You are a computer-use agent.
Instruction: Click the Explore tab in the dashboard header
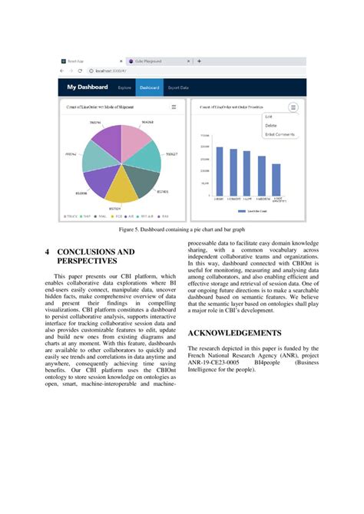coord(124,87)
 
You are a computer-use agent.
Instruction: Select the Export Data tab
coord(178,87)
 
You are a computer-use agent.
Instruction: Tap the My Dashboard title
coord(88,87)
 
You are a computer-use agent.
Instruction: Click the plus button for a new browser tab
coord(199,61)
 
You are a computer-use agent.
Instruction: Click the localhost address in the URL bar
coord(111,71)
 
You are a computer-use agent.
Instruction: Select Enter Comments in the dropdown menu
coord(279,134)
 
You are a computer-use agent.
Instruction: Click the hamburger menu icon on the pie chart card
coord(174,107)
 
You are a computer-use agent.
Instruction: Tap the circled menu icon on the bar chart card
coord(293,107)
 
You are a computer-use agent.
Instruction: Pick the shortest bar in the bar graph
coord(276,179)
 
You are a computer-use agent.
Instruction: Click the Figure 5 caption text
coord(182,229)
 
